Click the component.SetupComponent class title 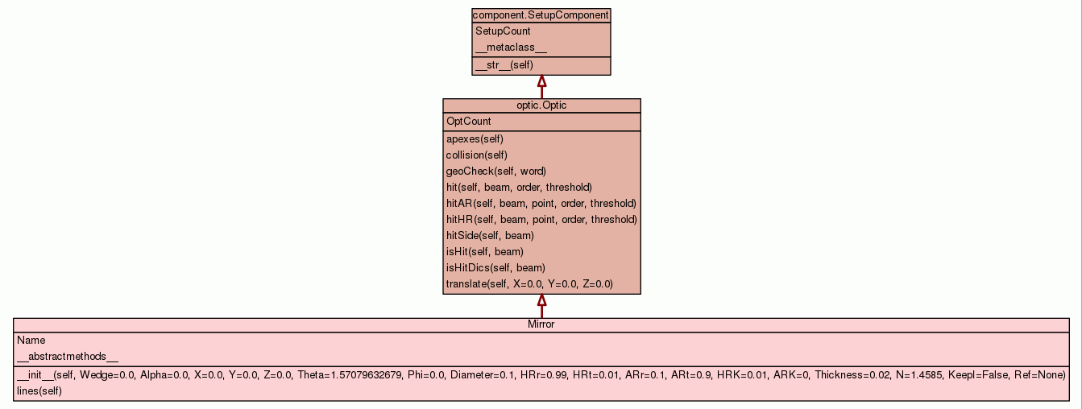(541, 15)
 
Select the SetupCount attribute (503, 31)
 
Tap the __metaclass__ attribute (511, 48)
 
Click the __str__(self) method (504, 65)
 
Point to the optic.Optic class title (541, 105)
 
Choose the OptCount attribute (469, 122)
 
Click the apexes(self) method (475, 139)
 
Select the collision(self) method (477, 155)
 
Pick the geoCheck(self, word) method (496, 171)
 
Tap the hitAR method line (541, 204)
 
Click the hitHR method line (541, 220)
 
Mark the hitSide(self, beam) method (490, 236)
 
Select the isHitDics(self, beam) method (495, 268)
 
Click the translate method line (529, 284)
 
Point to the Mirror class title (541, 324)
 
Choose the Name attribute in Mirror (31, 341)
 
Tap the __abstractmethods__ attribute (68, 357)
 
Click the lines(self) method (39, 391)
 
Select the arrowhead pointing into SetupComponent (542, 81)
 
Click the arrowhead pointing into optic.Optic (542, 300)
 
